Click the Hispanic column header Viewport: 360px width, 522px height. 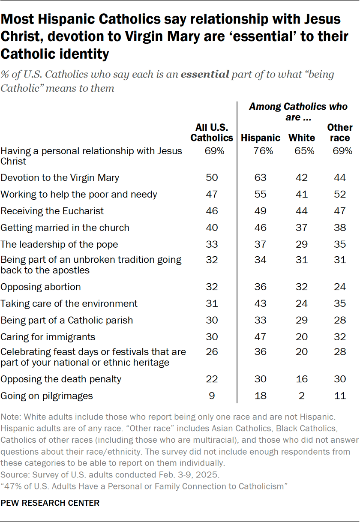click(x=261, y=138)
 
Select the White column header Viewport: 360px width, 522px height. click(x=302, y=138)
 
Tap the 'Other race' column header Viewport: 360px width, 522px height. click(x=339, y=133)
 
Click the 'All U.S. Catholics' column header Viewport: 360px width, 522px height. click(x=212, y=133)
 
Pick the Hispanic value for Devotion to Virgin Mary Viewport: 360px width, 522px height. click(x=260, y=177)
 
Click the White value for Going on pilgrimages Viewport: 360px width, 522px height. click(x=302, y=396)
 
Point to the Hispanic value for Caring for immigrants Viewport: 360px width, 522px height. click(x=260, y=337)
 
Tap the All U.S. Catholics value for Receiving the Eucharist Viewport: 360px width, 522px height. click(x=212, y=211)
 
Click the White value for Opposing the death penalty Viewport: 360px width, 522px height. click(x=302, y=379)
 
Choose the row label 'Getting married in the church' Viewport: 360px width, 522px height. click(x=65, y=228)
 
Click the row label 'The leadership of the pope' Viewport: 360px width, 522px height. click(x=60, y=244)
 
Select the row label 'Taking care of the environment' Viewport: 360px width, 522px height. click(x=69, y=303)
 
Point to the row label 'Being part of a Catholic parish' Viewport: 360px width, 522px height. click(x=67, y=320)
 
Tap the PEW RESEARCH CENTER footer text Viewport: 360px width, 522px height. click(x=50, y=503)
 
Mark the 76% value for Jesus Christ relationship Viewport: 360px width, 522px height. click(x=260, y=151)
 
